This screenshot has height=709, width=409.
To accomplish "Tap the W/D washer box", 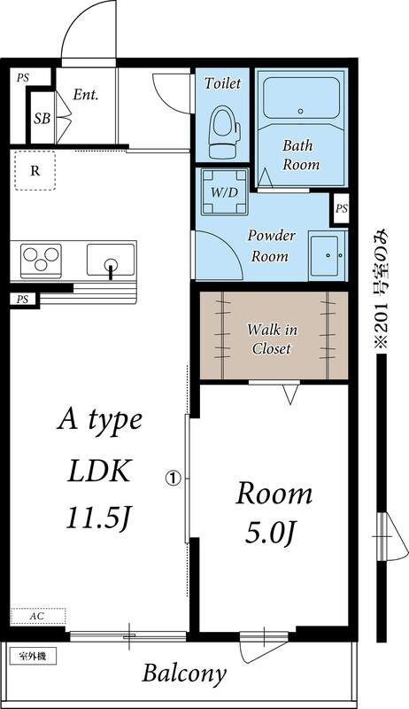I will pos(222,192).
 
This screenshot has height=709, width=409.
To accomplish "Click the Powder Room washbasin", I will pos(328,256).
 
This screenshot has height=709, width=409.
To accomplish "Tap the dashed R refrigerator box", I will pos(34,172).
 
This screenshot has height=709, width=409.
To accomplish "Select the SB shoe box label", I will pos(42,117).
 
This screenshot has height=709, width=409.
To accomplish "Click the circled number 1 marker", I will pos(174,478).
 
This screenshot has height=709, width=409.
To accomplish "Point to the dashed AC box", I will pos(38,614).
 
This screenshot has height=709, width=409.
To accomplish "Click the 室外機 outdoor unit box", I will pos(33,657).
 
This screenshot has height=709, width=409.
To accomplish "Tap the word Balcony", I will pos(184,674).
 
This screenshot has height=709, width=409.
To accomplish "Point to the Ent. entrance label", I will pos(86,95).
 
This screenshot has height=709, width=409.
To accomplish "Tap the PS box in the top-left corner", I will pos(22,78).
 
